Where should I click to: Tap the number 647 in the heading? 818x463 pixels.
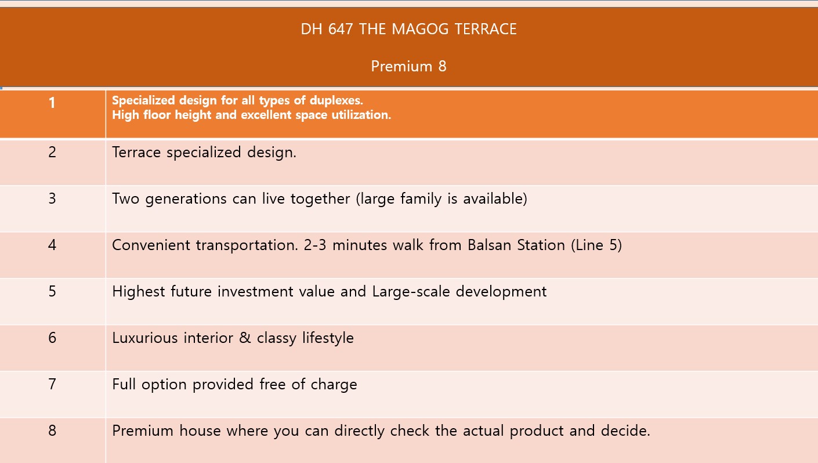tap(341, 29)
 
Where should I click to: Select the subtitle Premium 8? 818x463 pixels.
tap(408, 67)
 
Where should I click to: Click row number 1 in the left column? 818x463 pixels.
tap(52, 103)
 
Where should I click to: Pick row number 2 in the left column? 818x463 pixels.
tap(52, 152)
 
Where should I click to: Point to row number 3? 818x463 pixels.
tap(52, 198)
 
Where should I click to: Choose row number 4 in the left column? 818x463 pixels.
tap(52, 245)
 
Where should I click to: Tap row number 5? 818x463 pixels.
tap(52, 291)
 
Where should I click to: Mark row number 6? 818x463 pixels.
tap(52, 338)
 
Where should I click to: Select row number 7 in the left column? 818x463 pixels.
tap(52, 384)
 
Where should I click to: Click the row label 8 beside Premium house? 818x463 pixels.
tap(52, 430)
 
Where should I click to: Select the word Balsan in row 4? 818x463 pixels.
tap(489, 245)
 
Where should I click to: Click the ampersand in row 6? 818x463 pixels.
tap(245, 338)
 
